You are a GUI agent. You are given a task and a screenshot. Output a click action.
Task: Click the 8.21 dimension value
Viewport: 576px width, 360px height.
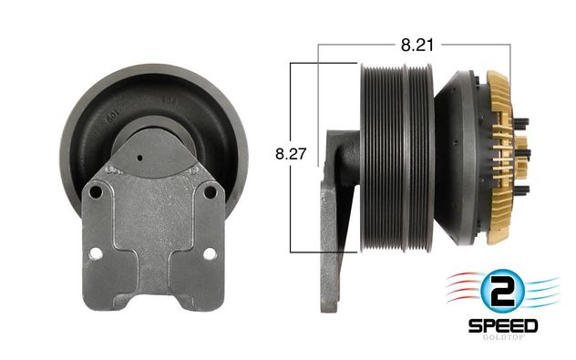(x=417, y=46)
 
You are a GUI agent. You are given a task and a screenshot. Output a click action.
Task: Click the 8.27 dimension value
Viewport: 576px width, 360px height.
(x=291, y=154)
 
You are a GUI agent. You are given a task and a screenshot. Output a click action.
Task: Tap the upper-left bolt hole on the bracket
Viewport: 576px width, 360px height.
(x=96, y=191)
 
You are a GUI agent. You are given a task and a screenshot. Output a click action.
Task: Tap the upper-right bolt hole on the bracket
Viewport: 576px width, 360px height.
(x=210, y=191)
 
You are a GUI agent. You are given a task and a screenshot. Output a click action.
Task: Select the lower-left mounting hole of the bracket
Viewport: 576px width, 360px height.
(x=96, y=253)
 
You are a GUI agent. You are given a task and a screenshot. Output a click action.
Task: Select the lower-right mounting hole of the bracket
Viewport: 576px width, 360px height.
(x=210, y=253)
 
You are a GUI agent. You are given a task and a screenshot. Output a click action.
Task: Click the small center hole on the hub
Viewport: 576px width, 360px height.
(x=139, y=158)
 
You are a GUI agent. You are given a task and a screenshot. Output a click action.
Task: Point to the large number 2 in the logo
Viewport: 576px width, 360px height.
(x=502, y=292)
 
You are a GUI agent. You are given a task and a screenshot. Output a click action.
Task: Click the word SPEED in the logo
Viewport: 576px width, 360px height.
(x=503, y=326)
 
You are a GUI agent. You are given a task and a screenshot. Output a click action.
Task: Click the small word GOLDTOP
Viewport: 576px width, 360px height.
(x=503, y=337)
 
